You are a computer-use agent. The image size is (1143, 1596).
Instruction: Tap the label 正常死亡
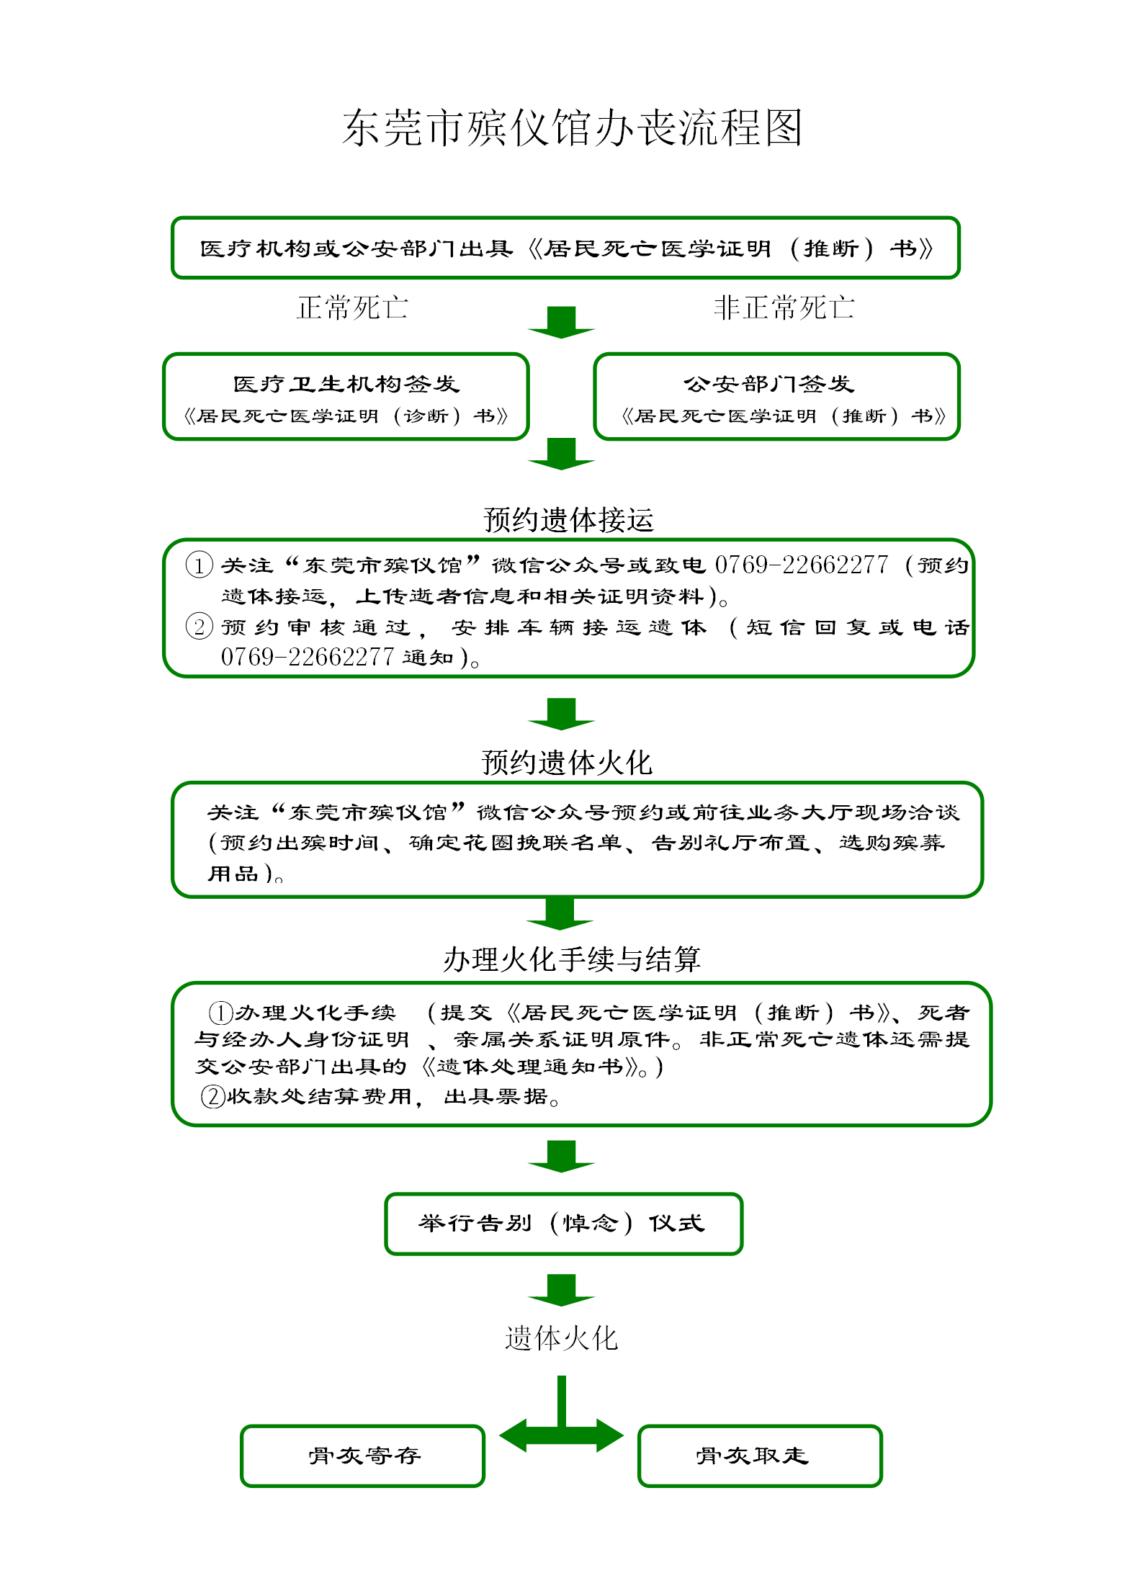352,308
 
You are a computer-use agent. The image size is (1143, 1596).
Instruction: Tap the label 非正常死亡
784,308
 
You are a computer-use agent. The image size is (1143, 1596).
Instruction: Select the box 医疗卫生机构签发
346,396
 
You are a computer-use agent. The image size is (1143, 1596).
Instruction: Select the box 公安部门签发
776,396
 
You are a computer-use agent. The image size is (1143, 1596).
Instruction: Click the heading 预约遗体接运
568,519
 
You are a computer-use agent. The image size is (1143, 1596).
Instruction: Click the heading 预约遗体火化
567,763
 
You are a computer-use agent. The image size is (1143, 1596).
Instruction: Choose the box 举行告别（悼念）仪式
563,1224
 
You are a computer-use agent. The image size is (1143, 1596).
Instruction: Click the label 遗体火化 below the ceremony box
561,1338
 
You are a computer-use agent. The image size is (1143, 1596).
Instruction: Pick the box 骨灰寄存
363,1456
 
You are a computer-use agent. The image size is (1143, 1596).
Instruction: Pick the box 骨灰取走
759,1456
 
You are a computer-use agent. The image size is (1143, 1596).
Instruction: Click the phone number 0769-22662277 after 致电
801,565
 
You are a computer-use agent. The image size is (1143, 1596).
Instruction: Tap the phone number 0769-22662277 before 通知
308,657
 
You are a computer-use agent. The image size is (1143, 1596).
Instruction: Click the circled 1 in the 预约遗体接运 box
199,565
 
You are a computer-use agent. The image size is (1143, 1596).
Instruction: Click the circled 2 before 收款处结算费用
213,1096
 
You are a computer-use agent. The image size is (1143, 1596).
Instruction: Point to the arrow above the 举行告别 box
561,1155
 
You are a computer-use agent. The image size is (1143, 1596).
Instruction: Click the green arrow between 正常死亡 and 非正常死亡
561,322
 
